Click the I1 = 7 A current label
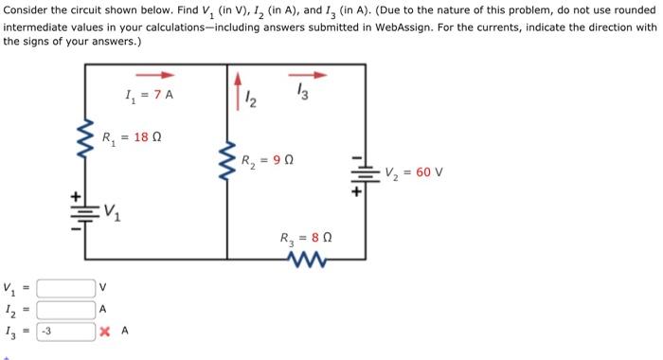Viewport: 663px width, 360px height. [x=150, y=95]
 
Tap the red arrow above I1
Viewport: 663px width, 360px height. [x=155, y=75]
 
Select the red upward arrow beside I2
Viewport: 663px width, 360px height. [x=237, y=85]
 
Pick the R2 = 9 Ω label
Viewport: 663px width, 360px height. [x=267, y=160]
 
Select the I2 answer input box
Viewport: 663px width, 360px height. [x=65, y=309]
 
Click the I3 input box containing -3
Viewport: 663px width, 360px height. [x=65, y=331]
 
